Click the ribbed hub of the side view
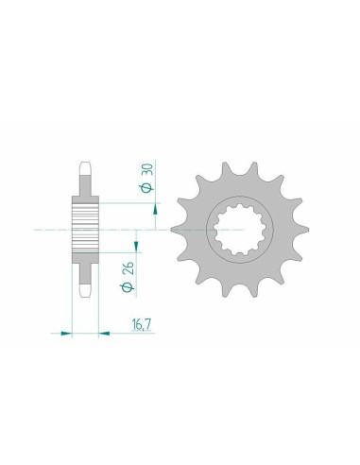(x=86, y=228)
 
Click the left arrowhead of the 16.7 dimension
(x=66, y=332)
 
